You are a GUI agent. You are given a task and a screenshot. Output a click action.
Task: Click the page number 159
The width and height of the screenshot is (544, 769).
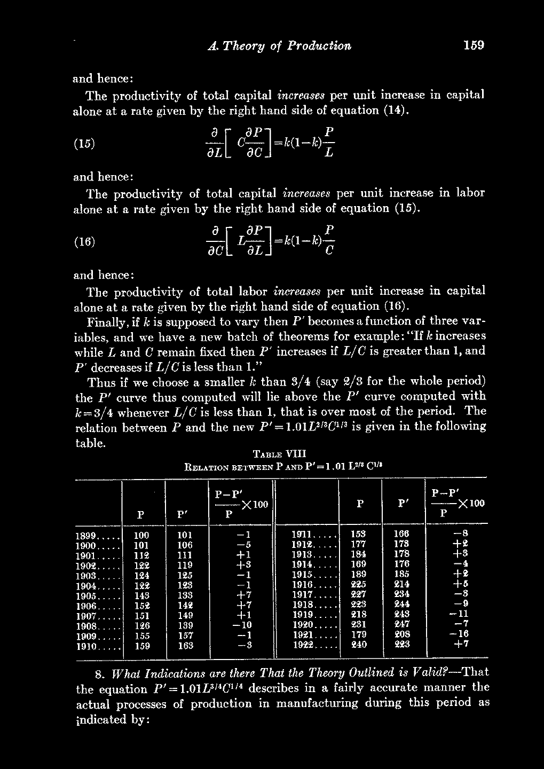click(474, 45)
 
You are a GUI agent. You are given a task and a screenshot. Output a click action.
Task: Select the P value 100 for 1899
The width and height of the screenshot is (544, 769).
click(141, 535)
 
